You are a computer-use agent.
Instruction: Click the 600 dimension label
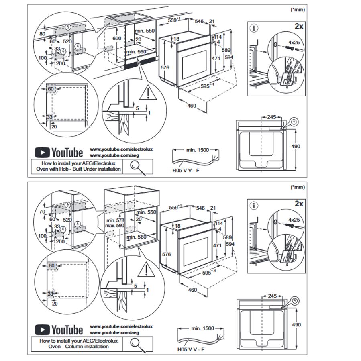pos(117,38)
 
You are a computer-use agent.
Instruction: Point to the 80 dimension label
pos(43,34)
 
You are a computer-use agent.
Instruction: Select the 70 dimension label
pos(43,211)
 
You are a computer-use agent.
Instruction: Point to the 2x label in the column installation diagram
pos(298,204)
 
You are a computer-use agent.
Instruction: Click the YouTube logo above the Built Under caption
pos(59,153)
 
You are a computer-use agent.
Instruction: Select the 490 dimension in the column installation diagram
pos(296,324)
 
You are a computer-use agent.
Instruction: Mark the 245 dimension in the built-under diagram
pos(272,117)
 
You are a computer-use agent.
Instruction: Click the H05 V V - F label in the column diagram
pos(192,350)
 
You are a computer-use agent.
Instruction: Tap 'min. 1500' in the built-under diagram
pos(198,150)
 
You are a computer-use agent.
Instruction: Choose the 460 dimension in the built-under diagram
pos(192,106)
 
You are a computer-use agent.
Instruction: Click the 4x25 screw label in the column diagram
pos(294,220)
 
